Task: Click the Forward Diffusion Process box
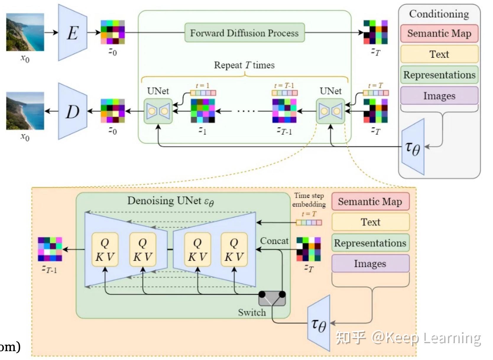point(244,33)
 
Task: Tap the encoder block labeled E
point(73,33)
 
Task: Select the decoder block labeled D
point(73,111)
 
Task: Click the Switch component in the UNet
point(272,299)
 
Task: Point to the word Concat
point(274,241)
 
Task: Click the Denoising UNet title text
point(171,201)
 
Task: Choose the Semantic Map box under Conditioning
point(439,33)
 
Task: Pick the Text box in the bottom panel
point(370,222)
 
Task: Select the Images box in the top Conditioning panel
point(439,96)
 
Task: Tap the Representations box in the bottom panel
point(370,243)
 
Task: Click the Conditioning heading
point(439,14)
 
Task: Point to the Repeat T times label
point(244,65)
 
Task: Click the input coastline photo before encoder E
point(25,32)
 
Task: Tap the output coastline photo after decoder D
point(25,111)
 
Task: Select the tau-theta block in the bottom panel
point(319,324)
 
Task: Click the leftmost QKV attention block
point(105,250)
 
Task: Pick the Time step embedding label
point(309,200)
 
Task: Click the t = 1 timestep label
point(202,86)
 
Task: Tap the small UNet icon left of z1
point(158,111)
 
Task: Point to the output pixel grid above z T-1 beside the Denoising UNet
point(50,249)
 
